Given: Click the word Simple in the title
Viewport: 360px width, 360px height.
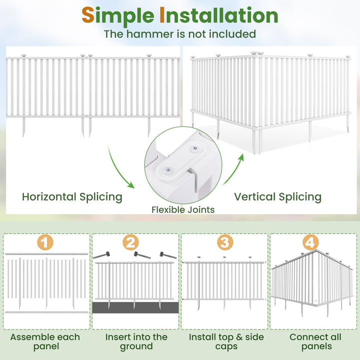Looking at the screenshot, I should pos(118,16).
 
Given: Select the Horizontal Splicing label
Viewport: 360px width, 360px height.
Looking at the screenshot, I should pos(72,196).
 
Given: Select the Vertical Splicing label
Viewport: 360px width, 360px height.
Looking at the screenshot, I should pos(277,196).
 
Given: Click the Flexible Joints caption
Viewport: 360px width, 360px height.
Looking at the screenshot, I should pos(183,209).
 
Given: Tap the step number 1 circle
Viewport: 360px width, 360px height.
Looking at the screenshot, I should pos(45,243).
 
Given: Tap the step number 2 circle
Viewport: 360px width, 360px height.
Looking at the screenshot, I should pos(130,243).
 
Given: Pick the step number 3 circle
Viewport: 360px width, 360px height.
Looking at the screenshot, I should pos(225,243).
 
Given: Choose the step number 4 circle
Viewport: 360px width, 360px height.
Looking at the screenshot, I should pos(310,243).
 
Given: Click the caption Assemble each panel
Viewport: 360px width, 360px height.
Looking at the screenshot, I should pos(45,341).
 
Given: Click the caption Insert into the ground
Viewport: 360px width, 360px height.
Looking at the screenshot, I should pos(136,341).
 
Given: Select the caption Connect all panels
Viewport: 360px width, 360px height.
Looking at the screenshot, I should pos(315,341).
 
